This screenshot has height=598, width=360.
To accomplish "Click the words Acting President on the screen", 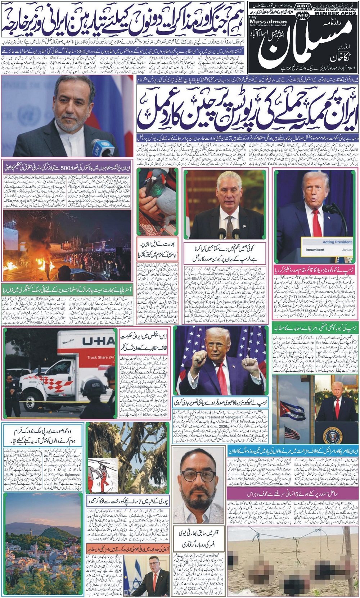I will tap(337, 242).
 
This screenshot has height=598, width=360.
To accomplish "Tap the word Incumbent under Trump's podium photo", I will tap(315, 249).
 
